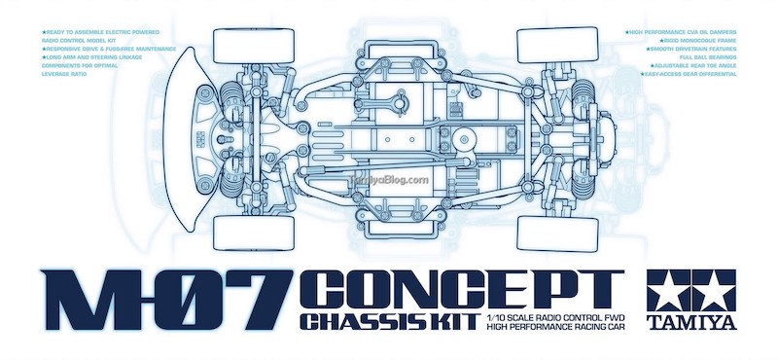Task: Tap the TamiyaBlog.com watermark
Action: tap(389, 179)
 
